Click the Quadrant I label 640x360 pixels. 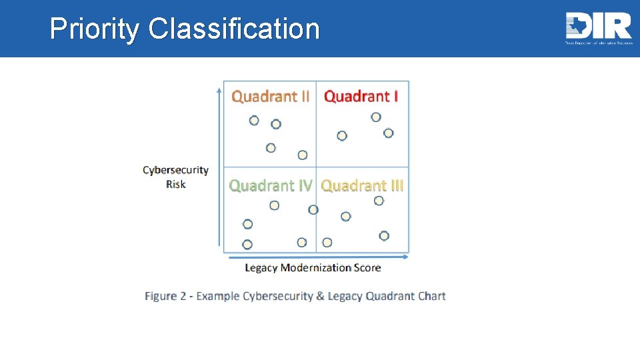361,96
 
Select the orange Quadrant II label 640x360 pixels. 270,96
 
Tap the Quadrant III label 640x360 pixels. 362,185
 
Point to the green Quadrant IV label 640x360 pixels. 270,185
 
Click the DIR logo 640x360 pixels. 598,27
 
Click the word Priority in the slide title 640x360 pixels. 95,29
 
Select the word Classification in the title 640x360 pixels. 234,29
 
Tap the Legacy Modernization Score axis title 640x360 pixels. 313,268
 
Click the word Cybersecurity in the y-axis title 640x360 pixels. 175,171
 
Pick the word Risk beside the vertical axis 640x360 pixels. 176,184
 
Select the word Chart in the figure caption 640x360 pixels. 430,296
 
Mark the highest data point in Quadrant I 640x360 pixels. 376,117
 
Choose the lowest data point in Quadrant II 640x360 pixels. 303,155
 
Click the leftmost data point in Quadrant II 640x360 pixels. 254,121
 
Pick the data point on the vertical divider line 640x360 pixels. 313,210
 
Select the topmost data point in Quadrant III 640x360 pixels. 379,201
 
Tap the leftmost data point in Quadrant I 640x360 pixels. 342,136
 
